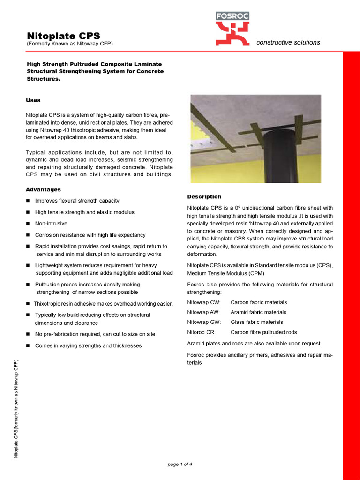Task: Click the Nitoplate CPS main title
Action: [x=63, y=36]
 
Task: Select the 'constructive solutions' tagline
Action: [x=288, y=42]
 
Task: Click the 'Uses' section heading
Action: [x=33, y=100]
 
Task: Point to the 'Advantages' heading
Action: [x=43, y=189]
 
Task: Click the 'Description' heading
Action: [x=204, y=196]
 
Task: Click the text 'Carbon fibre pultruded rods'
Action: [x=263, y=332]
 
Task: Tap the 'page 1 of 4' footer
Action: [x=180, y=465]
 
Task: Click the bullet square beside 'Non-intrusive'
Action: [x=28, y=224]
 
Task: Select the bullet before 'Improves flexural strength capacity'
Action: [x=28, y=201]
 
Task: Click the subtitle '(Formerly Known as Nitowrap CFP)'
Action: [x=69, y=44]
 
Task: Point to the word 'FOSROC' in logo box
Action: [x=232, y=16]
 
